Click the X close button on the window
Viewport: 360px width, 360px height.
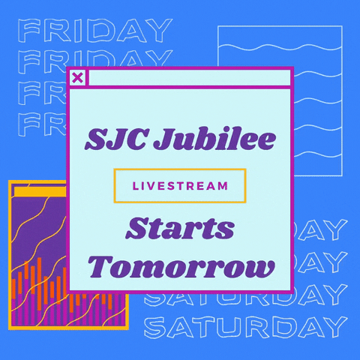click(x=77, y=77)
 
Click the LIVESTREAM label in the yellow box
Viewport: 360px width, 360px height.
click(x=179, y=186)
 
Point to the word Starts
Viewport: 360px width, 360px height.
click(x=180, y=229)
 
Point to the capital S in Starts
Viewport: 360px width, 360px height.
click(x=136, y=229)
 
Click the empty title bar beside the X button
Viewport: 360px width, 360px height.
click(x=187, y=77)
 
